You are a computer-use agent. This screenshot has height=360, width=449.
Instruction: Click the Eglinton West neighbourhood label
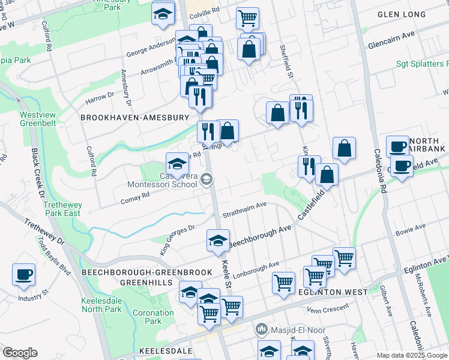[328, 292]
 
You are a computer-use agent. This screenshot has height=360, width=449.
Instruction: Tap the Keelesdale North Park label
[101, 305]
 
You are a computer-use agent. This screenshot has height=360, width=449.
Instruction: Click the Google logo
[20, 353]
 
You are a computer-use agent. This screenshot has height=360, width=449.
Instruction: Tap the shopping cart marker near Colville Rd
[247, 19]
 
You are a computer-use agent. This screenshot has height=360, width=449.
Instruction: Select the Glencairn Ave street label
[391, 37]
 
